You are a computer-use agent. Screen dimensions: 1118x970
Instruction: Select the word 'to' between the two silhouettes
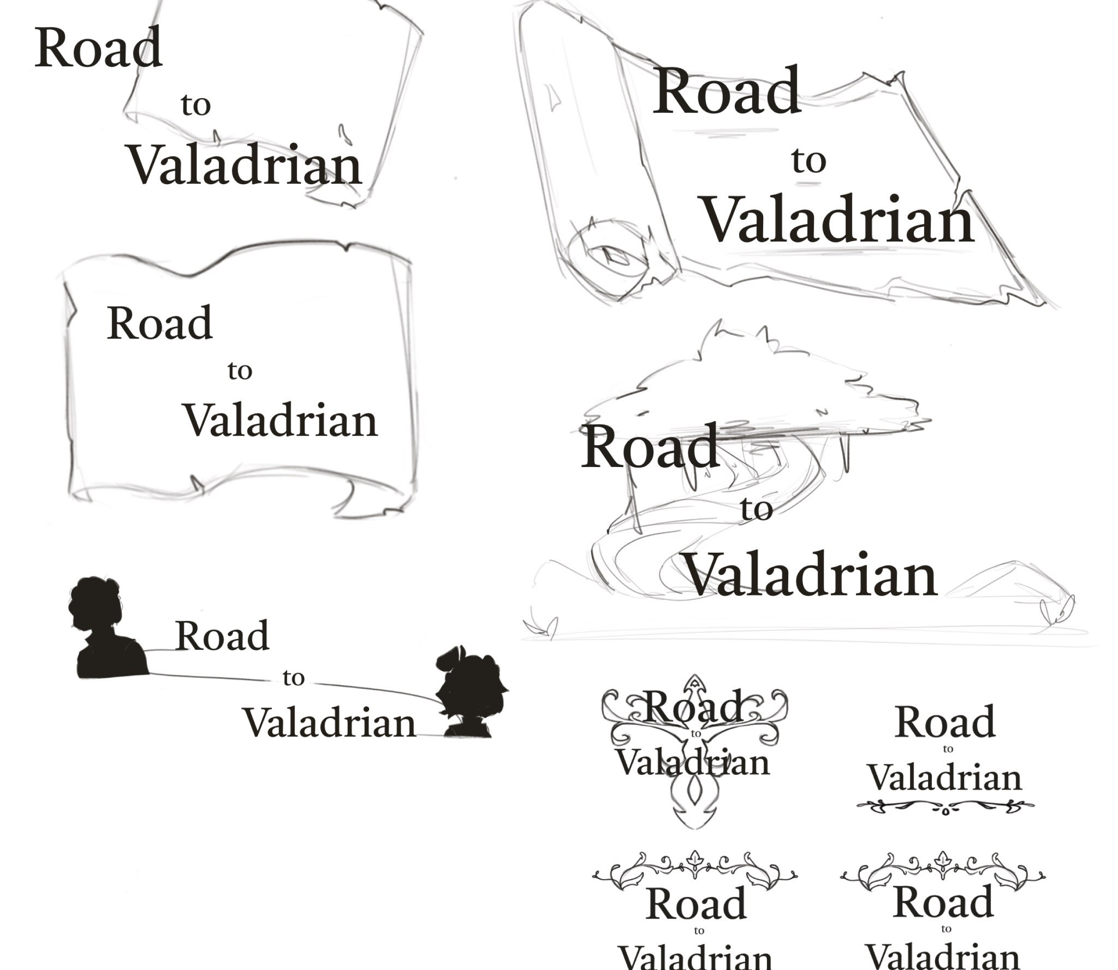tap(293, 678)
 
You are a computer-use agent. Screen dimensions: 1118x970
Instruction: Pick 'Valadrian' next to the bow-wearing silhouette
tap(329, 723)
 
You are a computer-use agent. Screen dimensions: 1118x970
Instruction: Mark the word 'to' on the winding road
tap(757, 509)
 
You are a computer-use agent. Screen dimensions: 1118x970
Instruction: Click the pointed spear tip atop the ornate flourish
tap(694, 683)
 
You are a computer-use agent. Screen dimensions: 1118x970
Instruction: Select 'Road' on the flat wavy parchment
tap(160, 323)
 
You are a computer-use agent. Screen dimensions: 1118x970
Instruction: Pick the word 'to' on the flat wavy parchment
tap(240, 371)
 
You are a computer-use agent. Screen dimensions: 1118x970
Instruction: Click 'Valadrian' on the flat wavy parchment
tap(280, 421)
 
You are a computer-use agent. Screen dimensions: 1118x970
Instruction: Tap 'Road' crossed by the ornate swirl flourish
tap(694, 706)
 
